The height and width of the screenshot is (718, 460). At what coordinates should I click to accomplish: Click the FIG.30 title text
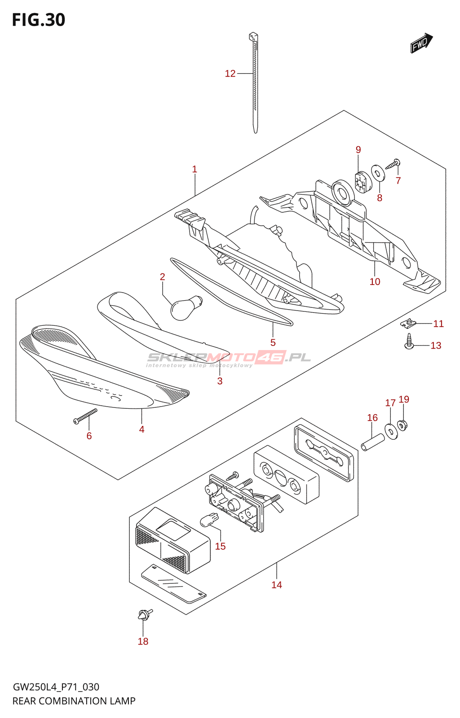click(39, 20)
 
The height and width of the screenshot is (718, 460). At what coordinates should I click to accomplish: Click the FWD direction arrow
click(421, 43)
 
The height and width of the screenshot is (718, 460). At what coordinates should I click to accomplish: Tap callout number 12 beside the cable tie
click(230, 74)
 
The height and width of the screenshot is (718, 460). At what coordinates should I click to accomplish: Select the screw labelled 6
click(85, 416)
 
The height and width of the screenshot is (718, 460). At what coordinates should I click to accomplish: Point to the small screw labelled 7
click(393, 164)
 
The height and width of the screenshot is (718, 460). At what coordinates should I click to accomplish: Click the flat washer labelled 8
click(378, 173)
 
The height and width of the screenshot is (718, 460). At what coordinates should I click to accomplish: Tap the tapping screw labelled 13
click(409, 342)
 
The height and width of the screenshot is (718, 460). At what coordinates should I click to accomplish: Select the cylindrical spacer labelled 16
click(373, 442)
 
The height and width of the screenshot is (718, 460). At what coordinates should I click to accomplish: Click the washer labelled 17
click(391, 432)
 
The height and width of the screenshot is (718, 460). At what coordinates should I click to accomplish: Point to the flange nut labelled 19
click(402, 425)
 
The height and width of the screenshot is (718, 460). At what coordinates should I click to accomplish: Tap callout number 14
click(277, 585)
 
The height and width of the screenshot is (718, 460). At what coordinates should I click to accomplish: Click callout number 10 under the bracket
click(375, 282)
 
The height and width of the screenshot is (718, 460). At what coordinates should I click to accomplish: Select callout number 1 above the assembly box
click(195, 169)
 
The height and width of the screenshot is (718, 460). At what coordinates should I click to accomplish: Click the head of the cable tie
click(253, 36)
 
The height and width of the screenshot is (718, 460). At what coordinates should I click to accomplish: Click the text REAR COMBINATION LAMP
click(74, 701)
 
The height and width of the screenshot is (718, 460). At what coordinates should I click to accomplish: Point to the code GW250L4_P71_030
click(56, 687)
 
